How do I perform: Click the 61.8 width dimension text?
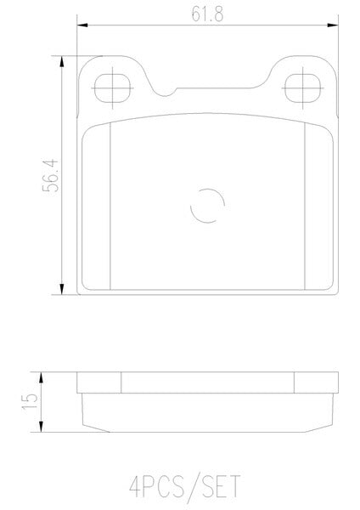click(207, 14)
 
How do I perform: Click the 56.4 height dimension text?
click(50, 175)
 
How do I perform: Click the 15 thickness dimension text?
click(30, 402)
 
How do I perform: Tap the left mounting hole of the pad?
click(112, 88)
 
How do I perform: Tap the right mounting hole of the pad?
click(302, 88)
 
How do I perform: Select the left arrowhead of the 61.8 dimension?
click(82, 25)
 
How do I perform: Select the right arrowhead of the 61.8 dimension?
click(333, 25)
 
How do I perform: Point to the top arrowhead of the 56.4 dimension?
click(62, 61)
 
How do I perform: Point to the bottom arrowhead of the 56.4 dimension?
click(62, 289)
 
